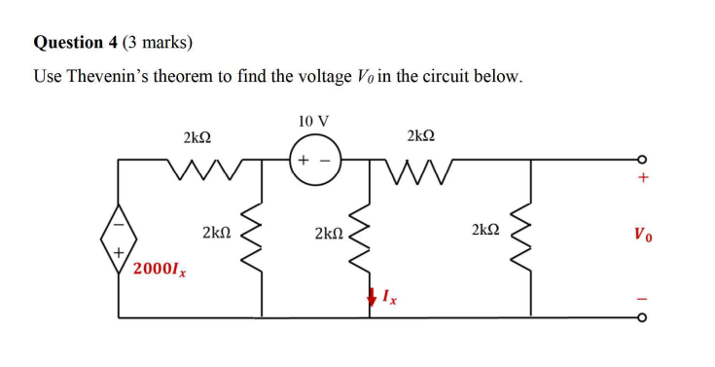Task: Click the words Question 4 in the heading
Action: (75, 42)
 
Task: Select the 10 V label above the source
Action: (313, 122)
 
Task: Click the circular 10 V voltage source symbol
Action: (313, 159)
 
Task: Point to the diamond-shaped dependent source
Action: (120, 236)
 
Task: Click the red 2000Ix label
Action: (161, 268)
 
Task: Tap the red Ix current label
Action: (388, 294)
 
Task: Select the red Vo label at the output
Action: (642, 235)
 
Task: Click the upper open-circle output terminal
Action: (641, 160)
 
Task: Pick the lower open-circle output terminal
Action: (641, 316)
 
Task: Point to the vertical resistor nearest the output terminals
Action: (530, 234)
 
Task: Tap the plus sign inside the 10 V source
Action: (303, 159)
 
